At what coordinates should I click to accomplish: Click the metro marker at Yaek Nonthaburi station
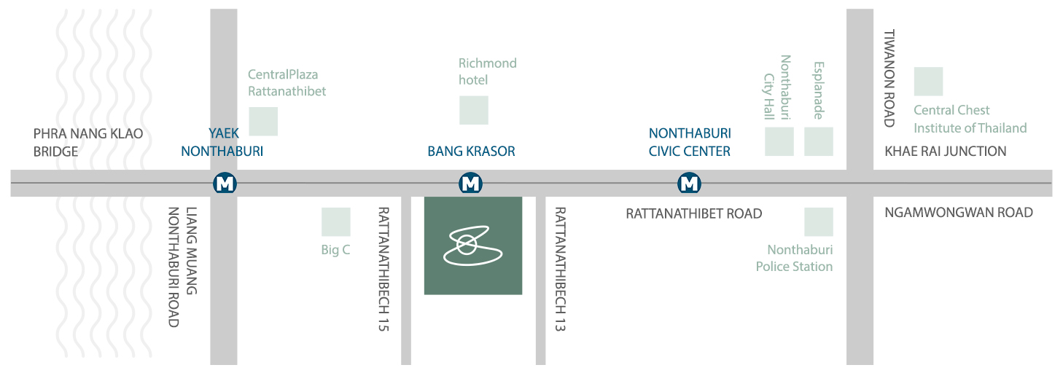[x=225, y=183]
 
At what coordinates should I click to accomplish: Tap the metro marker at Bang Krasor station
[x=471, y=183]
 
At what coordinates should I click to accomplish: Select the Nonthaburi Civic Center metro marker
[x=689, y=183]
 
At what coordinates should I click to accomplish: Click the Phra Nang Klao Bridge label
[x=88, y=143]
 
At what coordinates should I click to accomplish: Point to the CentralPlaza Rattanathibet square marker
[x=263, y=122]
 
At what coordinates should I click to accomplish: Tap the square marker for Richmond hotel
[x=474, y=110]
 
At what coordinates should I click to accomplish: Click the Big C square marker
[x=336, y=221]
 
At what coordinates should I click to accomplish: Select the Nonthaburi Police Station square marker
[x=819, y=221]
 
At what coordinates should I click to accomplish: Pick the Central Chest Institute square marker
[x=928, y=82]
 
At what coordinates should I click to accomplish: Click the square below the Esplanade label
[x=819, y=141]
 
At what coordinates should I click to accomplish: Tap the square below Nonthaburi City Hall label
[x=779, y=141]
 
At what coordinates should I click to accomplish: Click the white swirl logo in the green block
[x=472, y=246]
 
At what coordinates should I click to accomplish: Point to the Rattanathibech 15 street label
[x=383, y=269]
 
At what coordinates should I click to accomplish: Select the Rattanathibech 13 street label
[x=561, y=269]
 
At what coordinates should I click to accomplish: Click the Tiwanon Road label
[x=889, y=78]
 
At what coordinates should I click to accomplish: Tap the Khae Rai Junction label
[x=946, y=152]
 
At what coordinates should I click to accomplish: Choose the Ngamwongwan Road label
[x=959, y=212]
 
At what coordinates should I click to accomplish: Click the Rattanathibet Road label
[x=694, y=213]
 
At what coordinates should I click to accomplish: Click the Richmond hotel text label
[x=487, y=71]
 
